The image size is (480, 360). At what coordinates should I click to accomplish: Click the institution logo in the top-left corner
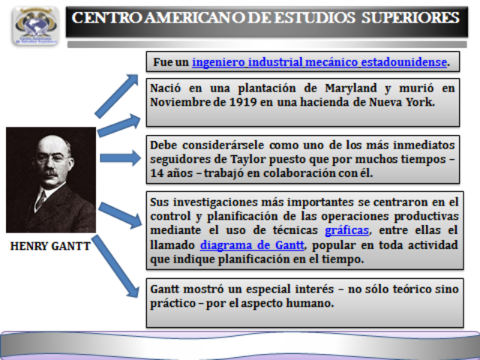(x=35, y=26)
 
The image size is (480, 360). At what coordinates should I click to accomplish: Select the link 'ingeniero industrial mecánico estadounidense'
(x=319, y=61)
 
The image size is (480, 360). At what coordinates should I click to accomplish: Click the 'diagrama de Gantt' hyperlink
(x=251, y=244)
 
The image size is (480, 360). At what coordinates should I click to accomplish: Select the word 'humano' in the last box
(x=309, y=303)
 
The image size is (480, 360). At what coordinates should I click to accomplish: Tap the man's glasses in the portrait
(x=51, y=159)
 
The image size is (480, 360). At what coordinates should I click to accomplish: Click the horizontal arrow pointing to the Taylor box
(x=119, y=157)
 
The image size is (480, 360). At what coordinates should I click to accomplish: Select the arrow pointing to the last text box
(x=115, y=266)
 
